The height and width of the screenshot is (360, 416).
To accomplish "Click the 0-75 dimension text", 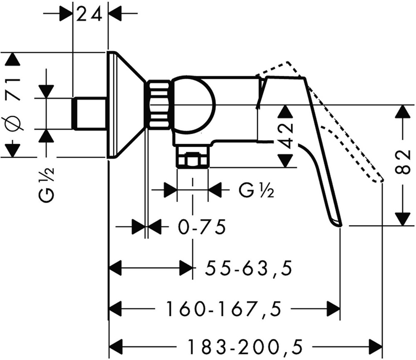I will [202, 227].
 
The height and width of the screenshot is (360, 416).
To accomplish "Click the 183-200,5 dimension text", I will [244, 345].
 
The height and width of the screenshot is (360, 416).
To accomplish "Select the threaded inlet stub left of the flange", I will [88, 113].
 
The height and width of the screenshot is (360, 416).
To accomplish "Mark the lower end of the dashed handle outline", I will [380, 180].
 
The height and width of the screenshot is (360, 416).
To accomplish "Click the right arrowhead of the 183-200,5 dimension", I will [376, 345].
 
